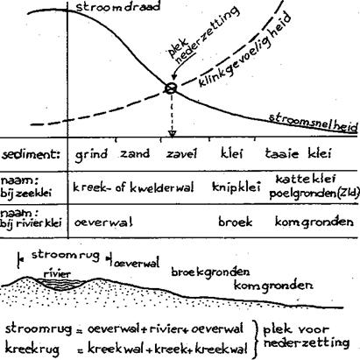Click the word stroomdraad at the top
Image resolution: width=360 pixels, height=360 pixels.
[x=118, y=6]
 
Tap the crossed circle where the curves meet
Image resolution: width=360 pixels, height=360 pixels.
[x=171, y=88]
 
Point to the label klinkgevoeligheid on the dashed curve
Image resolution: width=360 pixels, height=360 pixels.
[x=245, y=50]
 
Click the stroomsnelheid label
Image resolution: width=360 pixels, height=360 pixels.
[x=313, y=123]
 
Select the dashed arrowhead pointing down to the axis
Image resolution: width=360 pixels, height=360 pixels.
[x=173, y=134]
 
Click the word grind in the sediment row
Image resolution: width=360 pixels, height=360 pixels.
[x=91, y=155]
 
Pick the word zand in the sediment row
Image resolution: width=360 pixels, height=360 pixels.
[x=135, y=153]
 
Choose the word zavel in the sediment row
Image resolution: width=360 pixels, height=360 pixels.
[x=181, y=153]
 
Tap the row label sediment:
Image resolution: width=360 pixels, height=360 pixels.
[x=31, y=154]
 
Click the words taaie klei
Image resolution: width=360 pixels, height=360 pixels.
[x=298, y=153]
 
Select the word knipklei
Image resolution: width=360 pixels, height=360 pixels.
[x=236, y=187]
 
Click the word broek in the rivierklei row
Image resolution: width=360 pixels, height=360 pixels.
[x=235, y=222]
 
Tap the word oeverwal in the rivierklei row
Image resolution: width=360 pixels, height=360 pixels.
[x=103, y=222]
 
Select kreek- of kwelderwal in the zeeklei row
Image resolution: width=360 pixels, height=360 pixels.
[x=133, y=187]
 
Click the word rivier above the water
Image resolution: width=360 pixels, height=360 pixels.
[x=57, y=274]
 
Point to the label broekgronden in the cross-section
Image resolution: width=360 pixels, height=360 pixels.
[x=210, y=272]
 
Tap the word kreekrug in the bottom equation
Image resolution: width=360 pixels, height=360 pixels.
[x=32, y=349]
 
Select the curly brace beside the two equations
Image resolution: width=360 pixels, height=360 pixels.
[x=256, y=339]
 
